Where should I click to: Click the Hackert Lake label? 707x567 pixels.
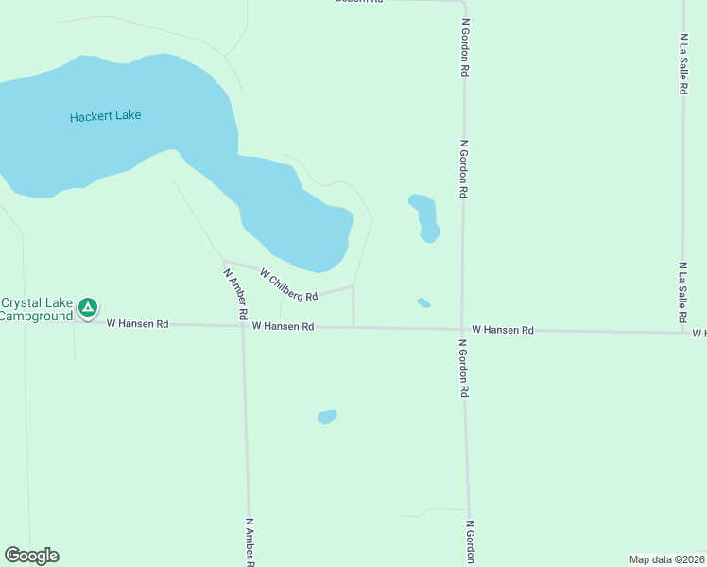point(105,116)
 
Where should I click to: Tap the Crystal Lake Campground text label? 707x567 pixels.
point(36,309)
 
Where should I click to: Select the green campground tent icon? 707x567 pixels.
point(87,307)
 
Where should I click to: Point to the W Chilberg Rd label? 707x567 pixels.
point(288,285)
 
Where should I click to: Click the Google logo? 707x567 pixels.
point(31,556)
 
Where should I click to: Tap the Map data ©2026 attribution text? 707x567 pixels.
point(666,559)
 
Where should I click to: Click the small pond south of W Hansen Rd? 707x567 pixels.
point(327,417)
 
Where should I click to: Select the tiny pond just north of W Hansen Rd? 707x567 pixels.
point(423,302)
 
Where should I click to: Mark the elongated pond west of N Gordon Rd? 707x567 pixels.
point(425,216)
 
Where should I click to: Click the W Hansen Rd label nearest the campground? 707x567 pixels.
point(137,323)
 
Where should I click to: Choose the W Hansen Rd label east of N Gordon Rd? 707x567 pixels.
point(503,330)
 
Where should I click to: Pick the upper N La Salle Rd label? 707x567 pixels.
point(682,64)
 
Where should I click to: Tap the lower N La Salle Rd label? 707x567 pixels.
point(681,293)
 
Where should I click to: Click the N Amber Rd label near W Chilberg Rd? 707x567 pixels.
point(235,293)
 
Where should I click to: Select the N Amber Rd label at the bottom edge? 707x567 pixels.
point(250,541)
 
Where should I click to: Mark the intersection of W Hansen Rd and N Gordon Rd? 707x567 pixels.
point(462,329)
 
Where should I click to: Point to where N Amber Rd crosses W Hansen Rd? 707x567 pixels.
point(243,326)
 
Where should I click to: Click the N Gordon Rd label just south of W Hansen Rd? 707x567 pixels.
point(463,369)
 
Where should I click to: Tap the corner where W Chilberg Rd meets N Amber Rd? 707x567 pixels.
point(224,261)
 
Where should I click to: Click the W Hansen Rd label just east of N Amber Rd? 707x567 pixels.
point(283,326)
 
